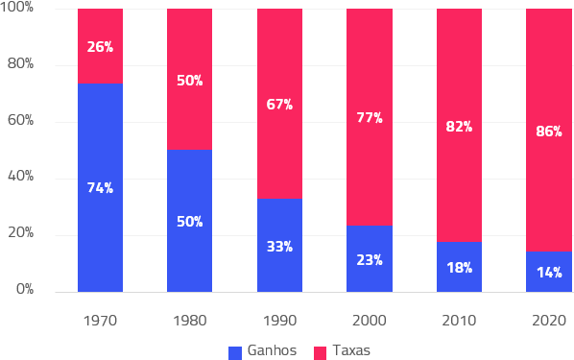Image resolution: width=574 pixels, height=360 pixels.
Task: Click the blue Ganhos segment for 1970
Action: point(100,187)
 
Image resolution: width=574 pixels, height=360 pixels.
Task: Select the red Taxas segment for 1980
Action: point(190,79)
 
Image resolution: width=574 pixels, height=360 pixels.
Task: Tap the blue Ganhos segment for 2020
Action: point(549,272)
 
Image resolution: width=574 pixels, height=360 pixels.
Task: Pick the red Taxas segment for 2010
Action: point(459,125)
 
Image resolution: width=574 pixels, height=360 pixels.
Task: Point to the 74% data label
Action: point(100,188)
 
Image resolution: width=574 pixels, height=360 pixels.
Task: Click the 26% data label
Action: point(100,47)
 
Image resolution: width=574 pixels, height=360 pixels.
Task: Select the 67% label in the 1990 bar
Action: point(279,105)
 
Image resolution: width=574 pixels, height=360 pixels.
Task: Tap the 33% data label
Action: point(279,247)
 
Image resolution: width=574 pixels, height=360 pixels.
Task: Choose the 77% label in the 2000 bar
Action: point(370,117)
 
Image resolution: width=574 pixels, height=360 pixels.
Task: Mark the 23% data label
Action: point(370,260)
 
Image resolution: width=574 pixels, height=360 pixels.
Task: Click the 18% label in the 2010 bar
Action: point(460,268)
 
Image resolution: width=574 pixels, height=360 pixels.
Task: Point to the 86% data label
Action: point(549,132)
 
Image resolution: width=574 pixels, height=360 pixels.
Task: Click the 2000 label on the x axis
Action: point(370,321)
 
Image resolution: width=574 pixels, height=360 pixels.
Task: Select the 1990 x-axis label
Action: point(279,321)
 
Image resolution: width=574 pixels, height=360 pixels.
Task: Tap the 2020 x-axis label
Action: point(549,321)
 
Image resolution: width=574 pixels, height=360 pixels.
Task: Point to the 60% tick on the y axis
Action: point(20,120)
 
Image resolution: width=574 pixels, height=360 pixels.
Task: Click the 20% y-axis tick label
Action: point(20,232)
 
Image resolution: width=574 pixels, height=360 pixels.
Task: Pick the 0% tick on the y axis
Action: point(25,289)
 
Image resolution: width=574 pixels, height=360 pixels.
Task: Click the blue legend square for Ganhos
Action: point(235,353)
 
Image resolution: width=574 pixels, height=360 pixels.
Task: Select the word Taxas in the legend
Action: point(351,350)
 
